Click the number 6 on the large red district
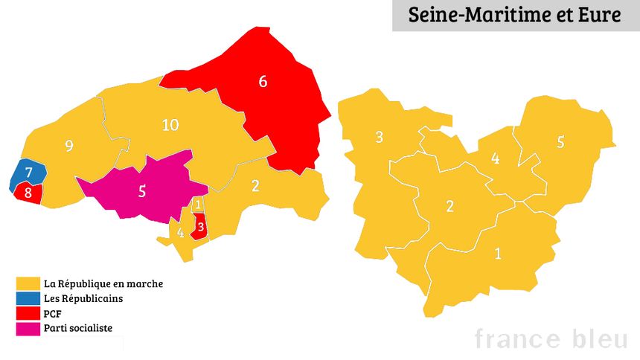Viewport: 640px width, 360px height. (x=262, y=81)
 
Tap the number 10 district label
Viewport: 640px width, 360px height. (x=170, y=125)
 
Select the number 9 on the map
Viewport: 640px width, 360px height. (x=69, y=146)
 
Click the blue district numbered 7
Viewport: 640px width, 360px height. (x=29, y=173)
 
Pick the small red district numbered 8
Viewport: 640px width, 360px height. (x=28, y=193)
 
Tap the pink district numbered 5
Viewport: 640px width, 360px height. (x=142, y=190)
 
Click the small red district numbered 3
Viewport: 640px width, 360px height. (x=199, y=226)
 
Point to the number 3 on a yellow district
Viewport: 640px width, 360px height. (x=379, y=137)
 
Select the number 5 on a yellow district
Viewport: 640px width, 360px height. (x=560, y=141)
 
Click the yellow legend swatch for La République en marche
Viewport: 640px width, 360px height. (x=28, y=283)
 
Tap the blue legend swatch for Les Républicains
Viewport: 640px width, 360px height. (x=28, y=298)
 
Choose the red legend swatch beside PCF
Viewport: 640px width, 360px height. (x=28, y=313)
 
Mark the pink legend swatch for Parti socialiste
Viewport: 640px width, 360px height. (x=28, y=328)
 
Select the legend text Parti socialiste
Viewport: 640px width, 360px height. (x=78, y=328)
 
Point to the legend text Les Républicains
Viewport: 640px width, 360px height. (x=83, y=298)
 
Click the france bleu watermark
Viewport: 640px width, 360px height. (x=551, y=338)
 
